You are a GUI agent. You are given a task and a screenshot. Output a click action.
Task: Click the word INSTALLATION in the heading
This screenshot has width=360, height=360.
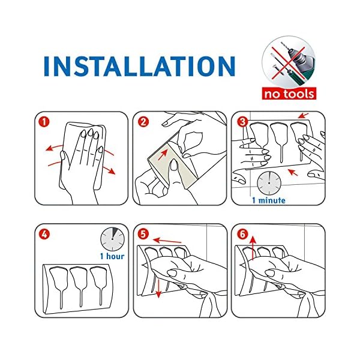(140, 66)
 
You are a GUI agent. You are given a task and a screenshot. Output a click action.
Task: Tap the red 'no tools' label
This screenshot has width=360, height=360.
(289, 94)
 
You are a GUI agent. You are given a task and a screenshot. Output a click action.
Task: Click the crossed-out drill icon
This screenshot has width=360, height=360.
(289, 62)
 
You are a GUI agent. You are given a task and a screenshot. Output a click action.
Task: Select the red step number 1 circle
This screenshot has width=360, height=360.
(44, 121)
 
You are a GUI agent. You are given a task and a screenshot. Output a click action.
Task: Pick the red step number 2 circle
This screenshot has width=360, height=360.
(143, 121)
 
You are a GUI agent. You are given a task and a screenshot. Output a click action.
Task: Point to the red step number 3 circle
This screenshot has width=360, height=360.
(242, 121)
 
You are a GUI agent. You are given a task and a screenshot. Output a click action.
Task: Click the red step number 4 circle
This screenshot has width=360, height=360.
(44, 234)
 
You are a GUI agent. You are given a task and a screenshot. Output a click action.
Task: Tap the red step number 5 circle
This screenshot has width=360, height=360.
(143, 234)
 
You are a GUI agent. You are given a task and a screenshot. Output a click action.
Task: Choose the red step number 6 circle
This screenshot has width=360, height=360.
(242, 234)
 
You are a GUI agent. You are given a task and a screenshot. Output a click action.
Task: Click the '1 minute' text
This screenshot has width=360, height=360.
(269, 200)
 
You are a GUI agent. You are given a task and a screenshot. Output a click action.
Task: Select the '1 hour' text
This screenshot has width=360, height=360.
(112, 256)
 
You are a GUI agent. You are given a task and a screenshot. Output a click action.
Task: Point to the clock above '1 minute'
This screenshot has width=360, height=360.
(269, 183)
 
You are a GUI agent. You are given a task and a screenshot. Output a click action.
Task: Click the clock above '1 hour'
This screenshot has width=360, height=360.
(112, 239)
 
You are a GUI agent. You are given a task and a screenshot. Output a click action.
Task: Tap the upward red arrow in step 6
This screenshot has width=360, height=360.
(253, 248)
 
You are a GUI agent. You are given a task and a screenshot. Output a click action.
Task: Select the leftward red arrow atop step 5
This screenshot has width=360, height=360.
(167, 241)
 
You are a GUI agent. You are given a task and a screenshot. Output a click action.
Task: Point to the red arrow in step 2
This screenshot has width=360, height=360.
(163, 154)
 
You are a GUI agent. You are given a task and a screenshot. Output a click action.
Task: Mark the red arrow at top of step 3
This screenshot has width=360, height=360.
(303, 115)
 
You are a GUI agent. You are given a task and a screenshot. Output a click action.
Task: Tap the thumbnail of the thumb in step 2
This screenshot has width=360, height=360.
(174, 164)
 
